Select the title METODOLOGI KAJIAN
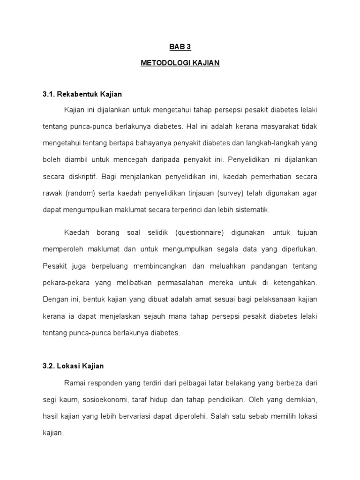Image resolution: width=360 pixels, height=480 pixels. [180, 62]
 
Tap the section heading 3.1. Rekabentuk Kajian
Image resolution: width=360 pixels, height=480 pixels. [82, 94]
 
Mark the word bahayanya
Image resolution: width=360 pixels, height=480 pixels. [156, 143]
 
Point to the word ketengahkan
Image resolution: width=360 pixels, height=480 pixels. [294, 283]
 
